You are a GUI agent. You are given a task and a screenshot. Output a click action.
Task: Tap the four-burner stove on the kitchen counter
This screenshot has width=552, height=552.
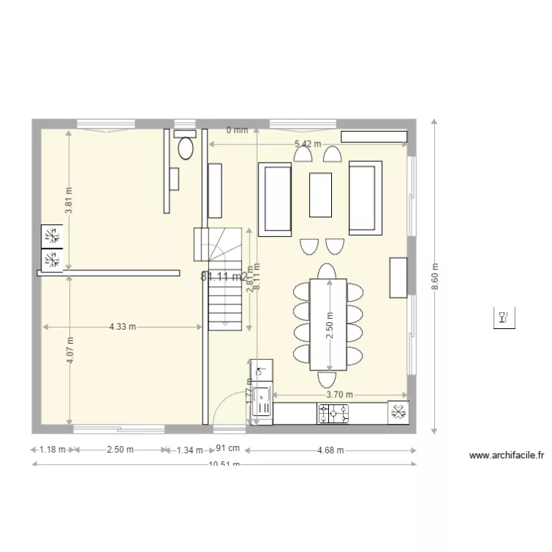pyautogui.click(x=333, y=414)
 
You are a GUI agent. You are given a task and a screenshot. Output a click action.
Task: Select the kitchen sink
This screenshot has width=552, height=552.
pyautogui.click(x=262, y=402)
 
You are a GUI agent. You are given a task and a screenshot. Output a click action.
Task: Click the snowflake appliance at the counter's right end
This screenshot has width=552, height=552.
pyautogui.click(x=398, y=413)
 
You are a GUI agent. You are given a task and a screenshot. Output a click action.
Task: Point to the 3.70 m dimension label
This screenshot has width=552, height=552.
pyautogui.click(x=339, y=395)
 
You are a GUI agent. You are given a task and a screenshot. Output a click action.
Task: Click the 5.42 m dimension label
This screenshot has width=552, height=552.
pyautogui.click(x=307, y=144)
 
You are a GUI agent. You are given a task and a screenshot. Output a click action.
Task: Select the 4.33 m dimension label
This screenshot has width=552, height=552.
pyautogui.click(x=122, y=326)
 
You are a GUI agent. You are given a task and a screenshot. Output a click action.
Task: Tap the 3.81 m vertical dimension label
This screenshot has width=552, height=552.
pyautogui.click(x=68, y=200)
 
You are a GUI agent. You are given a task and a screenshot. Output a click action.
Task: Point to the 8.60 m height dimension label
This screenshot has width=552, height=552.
pyautogui.click(x=434, y=277)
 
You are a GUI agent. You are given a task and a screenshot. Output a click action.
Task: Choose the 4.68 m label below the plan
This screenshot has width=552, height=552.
pyautogui.click(x=330, y=450)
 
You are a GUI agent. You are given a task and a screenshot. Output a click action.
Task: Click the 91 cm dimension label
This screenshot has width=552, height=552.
pyautogui.click(x=228, y=448)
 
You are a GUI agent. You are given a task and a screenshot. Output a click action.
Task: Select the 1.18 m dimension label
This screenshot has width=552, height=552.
pyautogui.click(x=53, y=450)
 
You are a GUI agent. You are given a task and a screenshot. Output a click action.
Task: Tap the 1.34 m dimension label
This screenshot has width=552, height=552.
pyautogui.click(x=190, y=450)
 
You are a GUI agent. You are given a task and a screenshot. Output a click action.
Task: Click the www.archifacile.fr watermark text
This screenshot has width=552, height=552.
pyautogui.click(x=506, y=456)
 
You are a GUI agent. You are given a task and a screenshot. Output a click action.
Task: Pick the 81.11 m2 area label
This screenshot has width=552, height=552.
pyautogui.click(x=224, y=277)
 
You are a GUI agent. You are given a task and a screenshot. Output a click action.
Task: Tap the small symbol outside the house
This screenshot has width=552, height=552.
pyautogui.click(x=503, y=318)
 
